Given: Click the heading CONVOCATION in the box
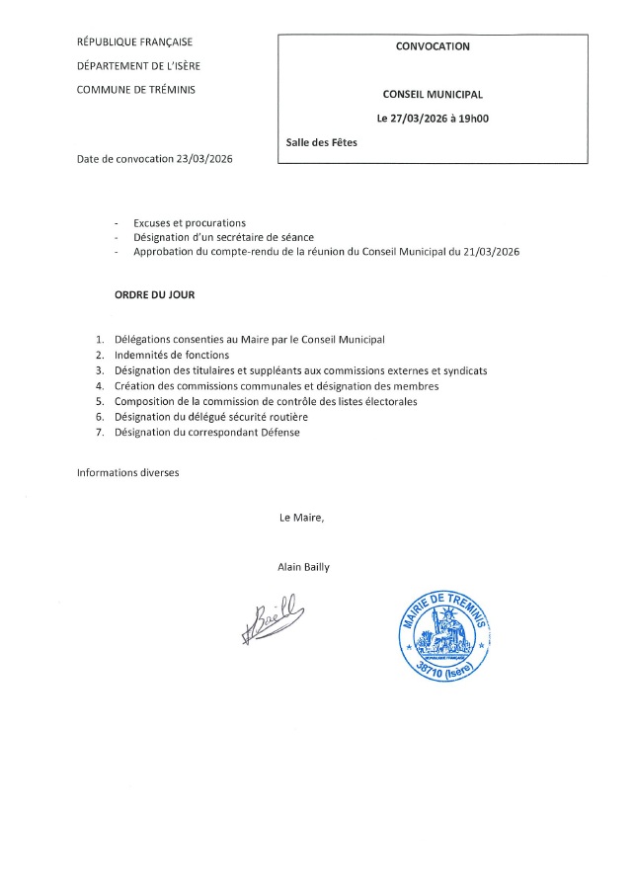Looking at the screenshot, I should pyautogui.click(x=433, y=46).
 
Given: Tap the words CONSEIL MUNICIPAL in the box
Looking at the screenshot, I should pyautogui.click(x=433, y=95).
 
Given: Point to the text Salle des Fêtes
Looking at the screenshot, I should pyautogui.click(x=321, y=142).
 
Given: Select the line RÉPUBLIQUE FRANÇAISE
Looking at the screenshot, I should pyautogui.click(x=134, y=41).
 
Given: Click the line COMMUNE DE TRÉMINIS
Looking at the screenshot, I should pyautogui.click(x=136, y=90).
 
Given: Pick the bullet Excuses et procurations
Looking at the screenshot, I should pyautogui.click(x=190, y=223).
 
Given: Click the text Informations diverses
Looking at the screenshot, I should pyautogui.click(x=128, y=473).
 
